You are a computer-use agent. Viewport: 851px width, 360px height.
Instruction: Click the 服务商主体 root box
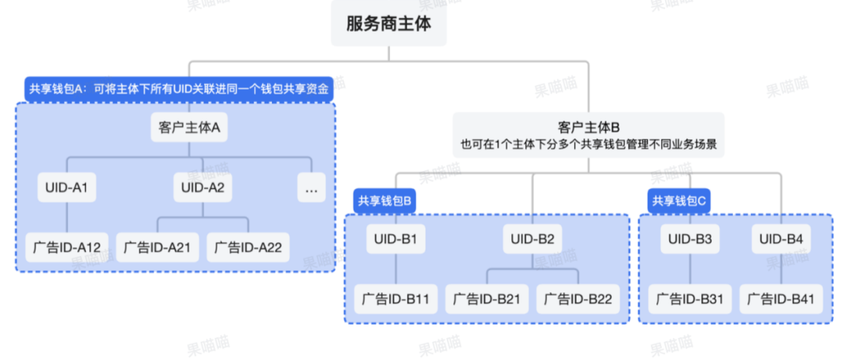tap(388, 24)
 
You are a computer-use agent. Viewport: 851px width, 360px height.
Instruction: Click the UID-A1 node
tap(66, 187)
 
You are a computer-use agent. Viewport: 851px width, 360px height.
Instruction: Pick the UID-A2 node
tap(203, 187)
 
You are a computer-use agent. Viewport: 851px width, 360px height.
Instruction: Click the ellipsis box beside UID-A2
tap(312, 188)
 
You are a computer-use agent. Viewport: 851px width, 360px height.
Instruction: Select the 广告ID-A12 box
tap(67, 247)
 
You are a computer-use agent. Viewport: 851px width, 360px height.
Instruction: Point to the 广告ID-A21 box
tap(157, 247)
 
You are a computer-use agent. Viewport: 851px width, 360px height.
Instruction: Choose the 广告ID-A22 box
tap(248, 247)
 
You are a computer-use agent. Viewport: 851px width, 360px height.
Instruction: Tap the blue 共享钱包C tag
tap(679, 202)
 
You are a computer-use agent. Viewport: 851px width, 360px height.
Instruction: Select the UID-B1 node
tap(396, 239)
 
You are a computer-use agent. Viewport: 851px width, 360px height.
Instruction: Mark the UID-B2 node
tap(533, 239)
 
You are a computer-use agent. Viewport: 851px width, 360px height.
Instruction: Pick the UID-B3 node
tap(690, 239)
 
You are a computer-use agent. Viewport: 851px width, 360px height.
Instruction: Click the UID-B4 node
tap(782, 239)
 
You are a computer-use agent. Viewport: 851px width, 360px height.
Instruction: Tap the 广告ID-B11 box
tap(396, 299)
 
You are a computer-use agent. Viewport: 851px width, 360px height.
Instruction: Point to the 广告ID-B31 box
tap(690, 299)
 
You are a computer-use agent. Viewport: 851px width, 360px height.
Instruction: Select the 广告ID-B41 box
tap(782, 299)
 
